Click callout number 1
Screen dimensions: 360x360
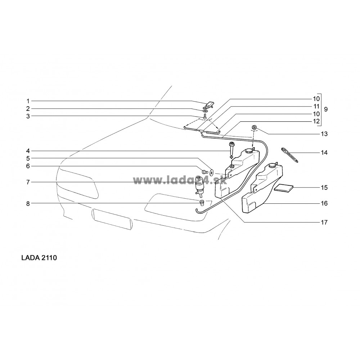pos(28,101)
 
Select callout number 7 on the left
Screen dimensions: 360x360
pos(28,182)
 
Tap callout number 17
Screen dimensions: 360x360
pos(324,222)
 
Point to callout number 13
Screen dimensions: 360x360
pos(324,134)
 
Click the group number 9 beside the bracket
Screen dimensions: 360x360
pos(326,109)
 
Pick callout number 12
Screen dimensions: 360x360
pos(316,121)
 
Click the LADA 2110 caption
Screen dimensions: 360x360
pos(39,258)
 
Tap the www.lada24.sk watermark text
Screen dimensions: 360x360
pos(180,181)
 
